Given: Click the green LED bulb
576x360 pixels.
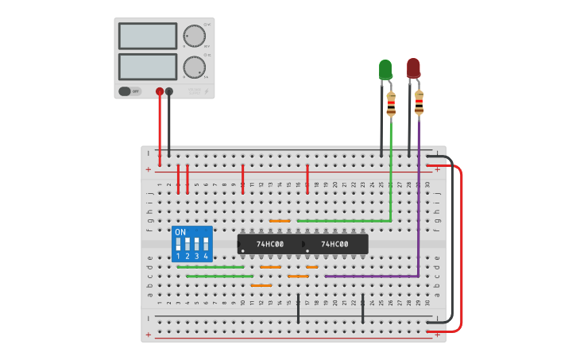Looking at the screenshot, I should [385, 68].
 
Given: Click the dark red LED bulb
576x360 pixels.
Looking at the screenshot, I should [413, 68].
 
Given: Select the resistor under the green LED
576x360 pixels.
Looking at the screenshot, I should [391, 104].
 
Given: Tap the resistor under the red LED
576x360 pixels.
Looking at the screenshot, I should [419, 103].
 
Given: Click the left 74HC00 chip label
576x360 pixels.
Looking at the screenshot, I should [270, 244].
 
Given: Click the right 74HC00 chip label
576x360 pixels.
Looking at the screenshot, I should [334, 244].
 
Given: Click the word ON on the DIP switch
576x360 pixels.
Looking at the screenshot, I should [180, 232].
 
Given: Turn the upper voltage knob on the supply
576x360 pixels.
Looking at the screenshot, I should [194, 37].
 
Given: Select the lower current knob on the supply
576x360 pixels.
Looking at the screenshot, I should [194, 67].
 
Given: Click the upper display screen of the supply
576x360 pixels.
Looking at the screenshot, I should [148, 36].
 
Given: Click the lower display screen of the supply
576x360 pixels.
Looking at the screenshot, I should [148, 66].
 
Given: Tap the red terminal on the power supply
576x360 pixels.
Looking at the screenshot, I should [160, 91].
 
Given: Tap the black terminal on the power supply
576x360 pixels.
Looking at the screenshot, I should [169, 91].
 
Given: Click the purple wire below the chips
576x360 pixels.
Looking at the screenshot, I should [373, 276].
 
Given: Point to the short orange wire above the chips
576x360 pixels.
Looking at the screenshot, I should [280, 221].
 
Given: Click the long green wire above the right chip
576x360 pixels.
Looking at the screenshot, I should [342, 221].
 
